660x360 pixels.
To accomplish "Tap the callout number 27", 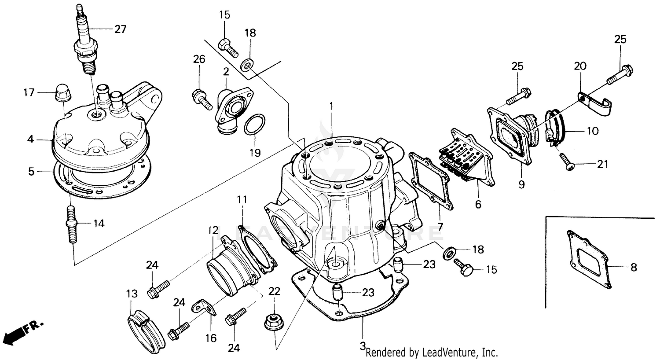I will [120, 29].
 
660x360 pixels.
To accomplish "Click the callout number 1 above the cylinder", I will [331, 106].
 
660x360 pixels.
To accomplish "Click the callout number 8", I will [633, 267].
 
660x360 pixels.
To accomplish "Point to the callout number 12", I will [213, 230].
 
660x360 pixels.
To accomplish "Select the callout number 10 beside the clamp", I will [592, 131].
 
